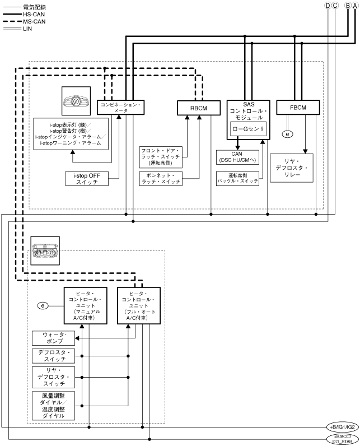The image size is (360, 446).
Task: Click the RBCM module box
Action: point(194,107)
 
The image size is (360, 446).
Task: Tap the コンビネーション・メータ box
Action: point(121,108)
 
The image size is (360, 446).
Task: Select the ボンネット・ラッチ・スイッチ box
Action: point(161,179)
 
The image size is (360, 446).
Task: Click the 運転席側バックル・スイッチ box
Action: point(237,179)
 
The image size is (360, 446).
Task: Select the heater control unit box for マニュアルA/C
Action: point(88,305)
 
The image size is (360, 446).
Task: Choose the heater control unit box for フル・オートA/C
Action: point(138,305)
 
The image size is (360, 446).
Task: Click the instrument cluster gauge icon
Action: point(77,103)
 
